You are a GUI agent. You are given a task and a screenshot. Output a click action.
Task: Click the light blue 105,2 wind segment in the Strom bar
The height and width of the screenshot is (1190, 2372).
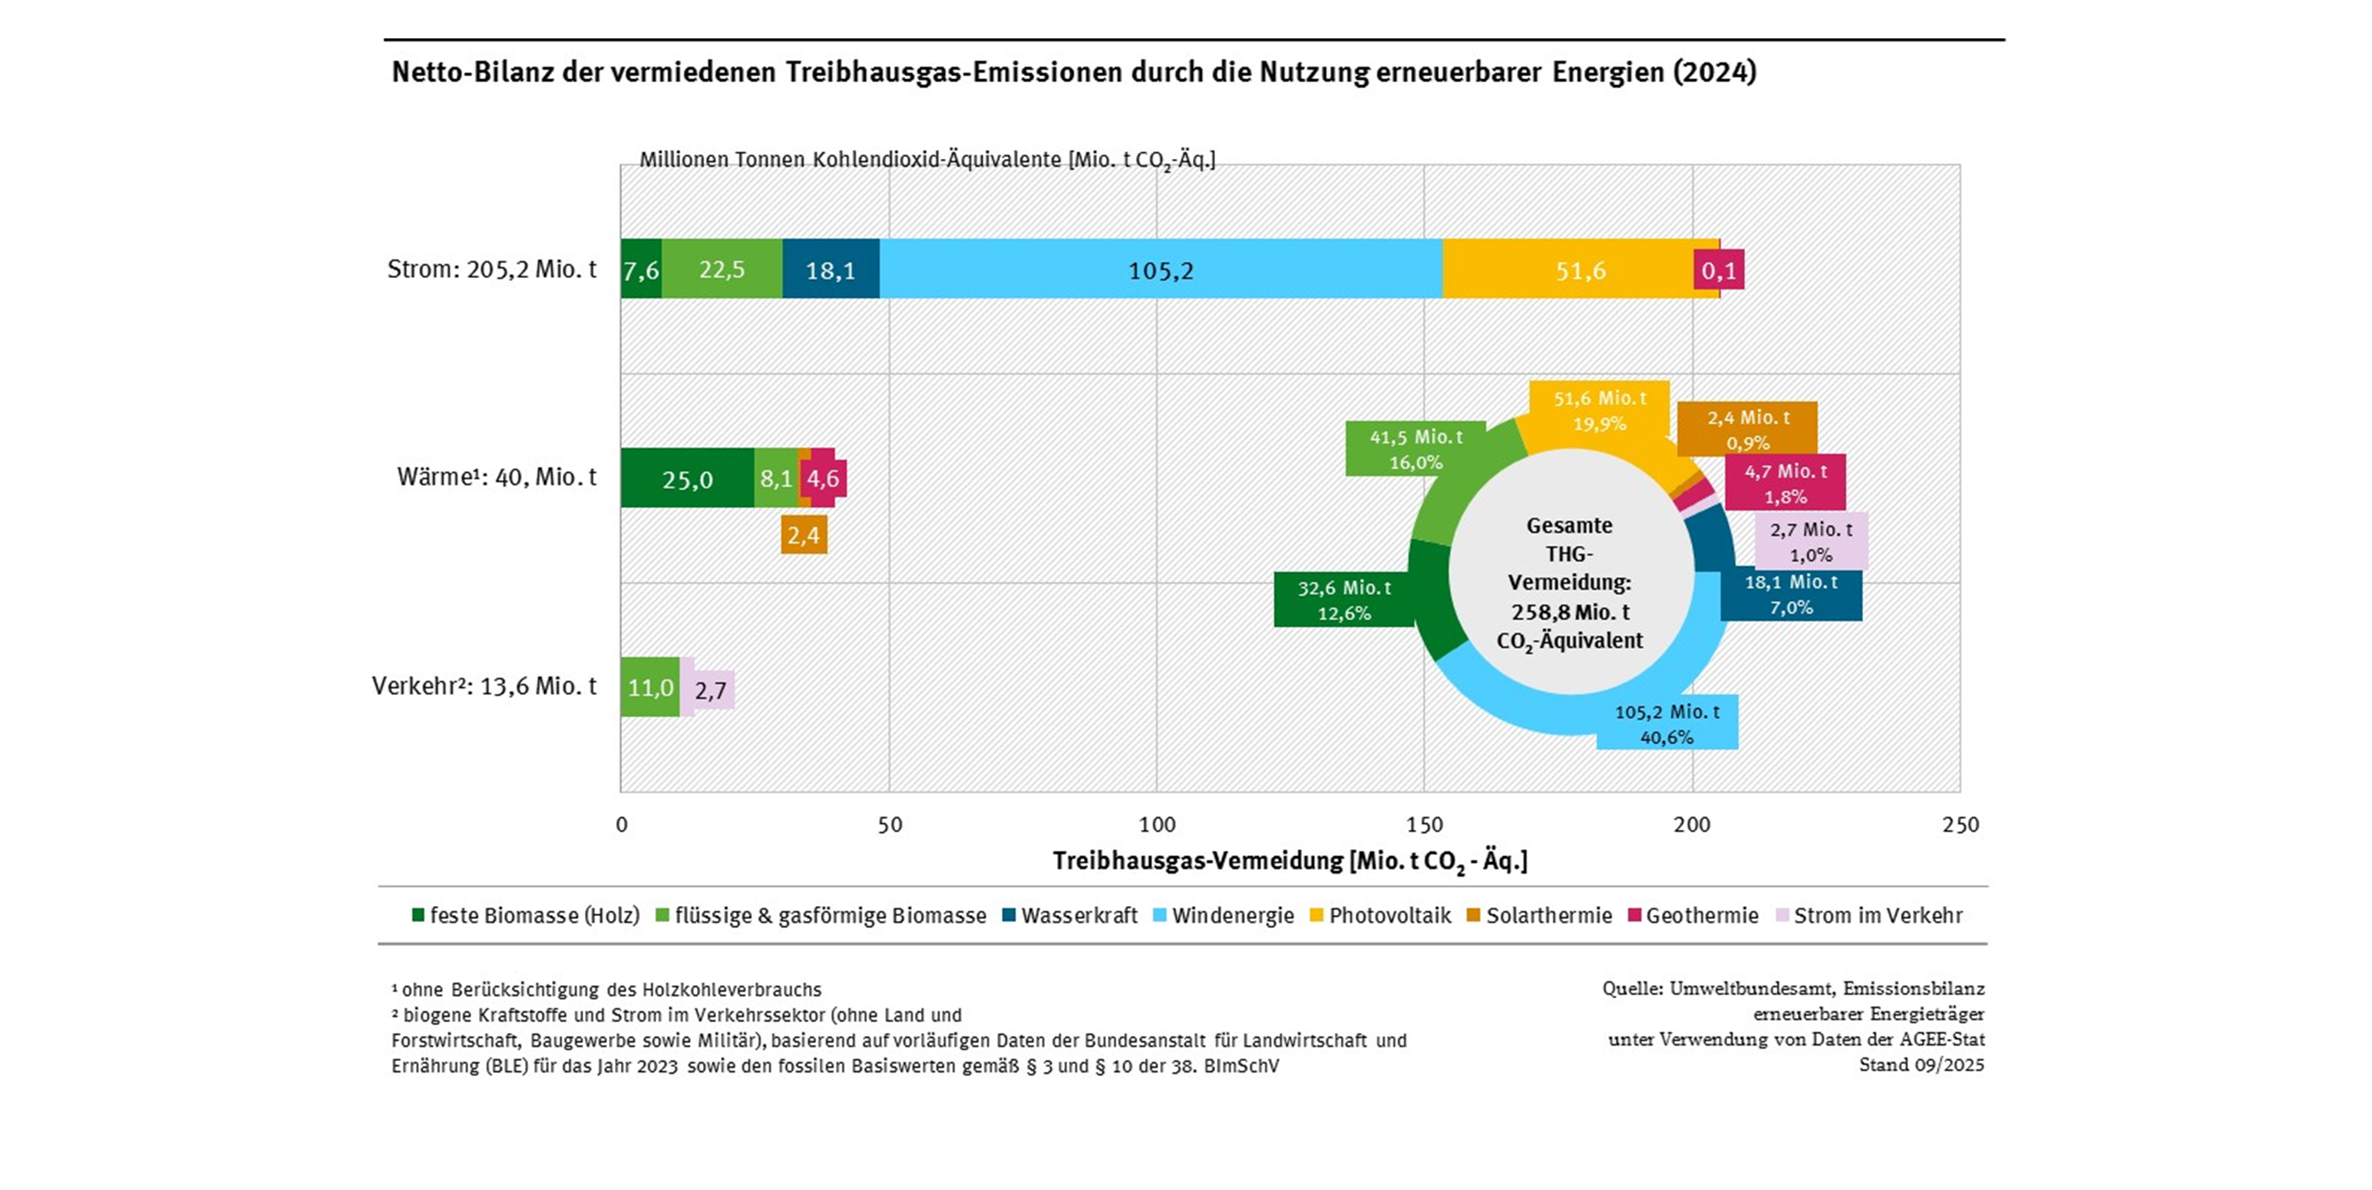click(1160, 270)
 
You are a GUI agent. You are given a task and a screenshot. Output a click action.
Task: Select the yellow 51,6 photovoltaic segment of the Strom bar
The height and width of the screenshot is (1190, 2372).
click(1580, 270)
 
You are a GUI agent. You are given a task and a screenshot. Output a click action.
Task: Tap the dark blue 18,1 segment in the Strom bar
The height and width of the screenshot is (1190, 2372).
click(831, 270)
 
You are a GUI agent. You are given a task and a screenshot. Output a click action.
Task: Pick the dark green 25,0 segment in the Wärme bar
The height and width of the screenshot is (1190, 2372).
click(687, 479)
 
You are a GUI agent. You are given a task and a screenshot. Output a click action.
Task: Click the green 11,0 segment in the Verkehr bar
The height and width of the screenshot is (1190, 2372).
click(650, 687)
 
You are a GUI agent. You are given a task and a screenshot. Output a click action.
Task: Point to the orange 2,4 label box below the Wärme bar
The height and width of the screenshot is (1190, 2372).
click(804, 535)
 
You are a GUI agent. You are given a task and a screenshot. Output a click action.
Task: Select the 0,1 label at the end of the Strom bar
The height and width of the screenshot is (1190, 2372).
click(1718, 270)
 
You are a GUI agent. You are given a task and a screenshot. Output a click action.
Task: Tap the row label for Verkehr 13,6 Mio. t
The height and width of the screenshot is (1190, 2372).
click(484, 686)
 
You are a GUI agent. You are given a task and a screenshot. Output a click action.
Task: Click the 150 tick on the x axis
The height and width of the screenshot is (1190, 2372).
click(1425, 825)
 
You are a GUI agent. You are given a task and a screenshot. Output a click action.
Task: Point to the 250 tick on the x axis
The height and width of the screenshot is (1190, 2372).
click(1961, 825)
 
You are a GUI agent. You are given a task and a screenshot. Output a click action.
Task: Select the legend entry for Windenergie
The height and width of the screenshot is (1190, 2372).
click(1224, 915)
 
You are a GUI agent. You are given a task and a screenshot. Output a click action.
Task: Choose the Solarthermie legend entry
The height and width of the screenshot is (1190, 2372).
click(1540, 915)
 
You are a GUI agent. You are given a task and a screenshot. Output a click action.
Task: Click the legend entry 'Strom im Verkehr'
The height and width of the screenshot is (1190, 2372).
click(1869, 915)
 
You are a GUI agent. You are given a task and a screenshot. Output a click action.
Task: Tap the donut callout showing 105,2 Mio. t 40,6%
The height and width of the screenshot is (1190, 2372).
click(1667, 724)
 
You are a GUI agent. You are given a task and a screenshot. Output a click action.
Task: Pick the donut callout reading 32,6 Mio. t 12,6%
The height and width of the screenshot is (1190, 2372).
click(1343, 600)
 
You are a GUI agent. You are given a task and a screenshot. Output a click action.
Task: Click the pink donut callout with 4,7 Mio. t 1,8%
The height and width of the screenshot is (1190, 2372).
click(1786, 484)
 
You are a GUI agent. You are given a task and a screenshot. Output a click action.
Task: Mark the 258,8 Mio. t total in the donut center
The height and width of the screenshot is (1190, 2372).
click(1570, 612)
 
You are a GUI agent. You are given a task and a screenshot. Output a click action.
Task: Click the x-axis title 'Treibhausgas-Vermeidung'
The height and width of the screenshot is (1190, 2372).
click(1289, 861)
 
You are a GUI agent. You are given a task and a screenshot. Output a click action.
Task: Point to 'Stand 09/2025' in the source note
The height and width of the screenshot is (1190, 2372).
click(1921, 1065)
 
